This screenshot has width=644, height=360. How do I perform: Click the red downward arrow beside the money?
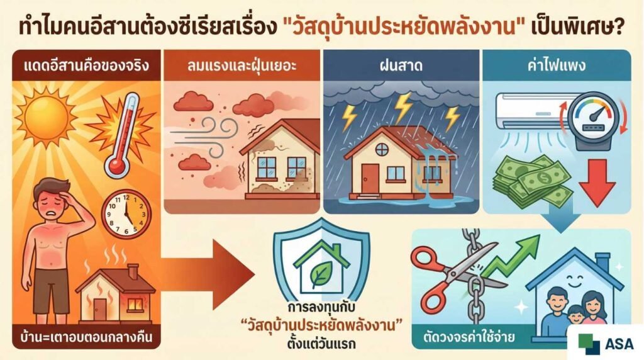[596, 180]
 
